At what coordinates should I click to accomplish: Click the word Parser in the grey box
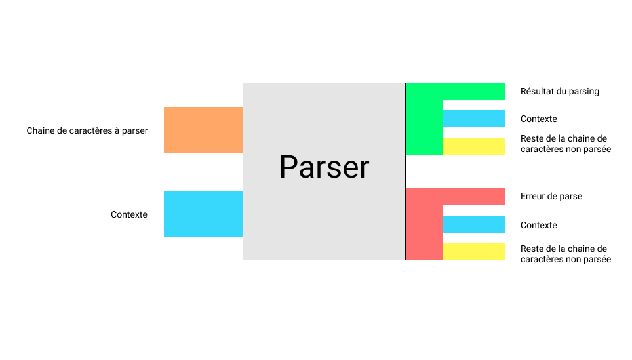[324, 167]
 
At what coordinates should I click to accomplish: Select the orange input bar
[203, 130]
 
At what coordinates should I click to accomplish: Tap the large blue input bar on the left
[203, 214]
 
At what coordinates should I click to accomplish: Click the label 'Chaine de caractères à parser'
[87, 130]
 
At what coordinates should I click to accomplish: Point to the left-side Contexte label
[129, 214]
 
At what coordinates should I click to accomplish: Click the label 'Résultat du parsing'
[560, 91]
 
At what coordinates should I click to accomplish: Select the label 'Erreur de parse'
[551, 196]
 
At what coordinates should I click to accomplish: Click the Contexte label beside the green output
[539, 119]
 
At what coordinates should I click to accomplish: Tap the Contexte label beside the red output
[539, 225]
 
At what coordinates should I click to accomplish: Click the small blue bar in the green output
[474, 119]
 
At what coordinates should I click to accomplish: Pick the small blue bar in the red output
[474, 225]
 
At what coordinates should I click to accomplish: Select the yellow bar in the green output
[474, 147]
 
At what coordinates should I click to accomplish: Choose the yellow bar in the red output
[474, 252]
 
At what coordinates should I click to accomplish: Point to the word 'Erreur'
[534, 196]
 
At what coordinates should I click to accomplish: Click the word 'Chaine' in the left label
[41, 130]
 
